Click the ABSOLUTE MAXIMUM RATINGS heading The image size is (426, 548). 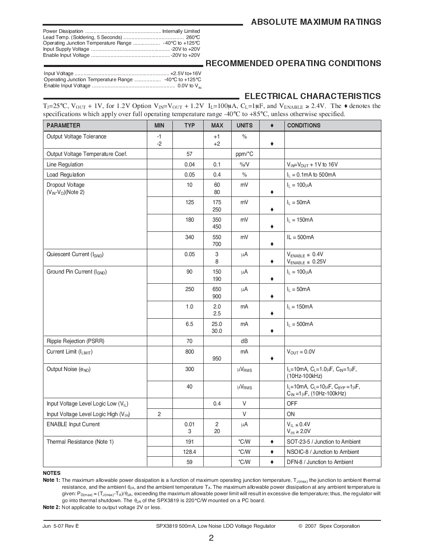coord(316,22)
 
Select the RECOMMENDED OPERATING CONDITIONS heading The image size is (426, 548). coord(293,63)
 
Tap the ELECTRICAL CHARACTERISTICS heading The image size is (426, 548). coord(312,96)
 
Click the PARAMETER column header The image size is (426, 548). coord(63,125)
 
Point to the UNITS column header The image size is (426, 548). coord(244,125)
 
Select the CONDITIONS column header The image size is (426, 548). coord(303,125)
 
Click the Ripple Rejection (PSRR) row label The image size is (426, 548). coord(75,341)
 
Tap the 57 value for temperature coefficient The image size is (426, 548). coord(189,154)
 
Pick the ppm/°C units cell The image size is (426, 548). coord(244,154)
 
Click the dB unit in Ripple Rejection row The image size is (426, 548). coord(244,341)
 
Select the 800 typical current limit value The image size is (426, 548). coord(189,352)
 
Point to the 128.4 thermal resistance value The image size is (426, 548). coord(189,452)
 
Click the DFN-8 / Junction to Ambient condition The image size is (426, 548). coord(320,462)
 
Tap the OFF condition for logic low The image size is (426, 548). coord(292,403)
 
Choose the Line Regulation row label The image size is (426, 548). coord(65,164)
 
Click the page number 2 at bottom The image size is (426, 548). coord(211,538)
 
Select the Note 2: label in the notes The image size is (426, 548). coord(51,507)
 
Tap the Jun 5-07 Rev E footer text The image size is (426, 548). coord(61,526)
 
